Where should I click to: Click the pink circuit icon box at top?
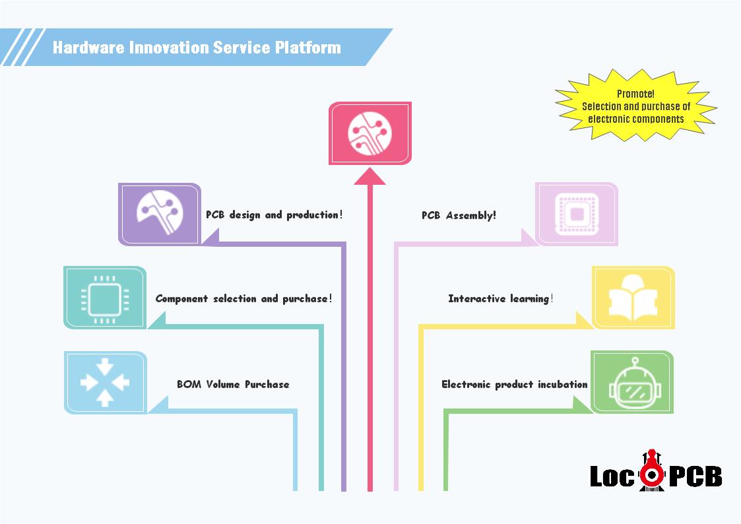tap(370, 133)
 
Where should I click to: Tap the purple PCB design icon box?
tap(159, 214)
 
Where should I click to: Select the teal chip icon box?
tap(105, 298)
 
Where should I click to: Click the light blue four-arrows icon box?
tap(105, 383)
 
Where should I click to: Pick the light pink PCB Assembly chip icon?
tap(577, 214)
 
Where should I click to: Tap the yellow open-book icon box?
tap(633, 298)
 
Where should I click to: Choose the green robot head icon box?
tap(632, 383)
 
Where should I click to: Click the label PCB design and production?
tap(274, 215)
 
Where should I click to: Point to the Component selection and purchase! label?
tap(243, 299)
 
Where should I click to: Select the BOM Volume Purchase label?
tap(233, 384)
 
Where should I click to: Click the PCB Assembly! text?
tap(459, 215)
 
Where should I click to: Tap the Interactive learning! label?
tap(500, 299)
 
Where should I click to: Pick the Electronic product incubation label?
tap(514, 384)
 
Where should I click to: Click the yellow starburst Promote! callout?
tap(636, 107)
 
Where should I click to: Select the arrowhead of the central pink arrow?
tap(370, 176)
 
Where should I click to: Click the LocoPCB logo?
tap(655, 471)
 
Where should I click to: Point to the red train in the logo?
tap(652, 470)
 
